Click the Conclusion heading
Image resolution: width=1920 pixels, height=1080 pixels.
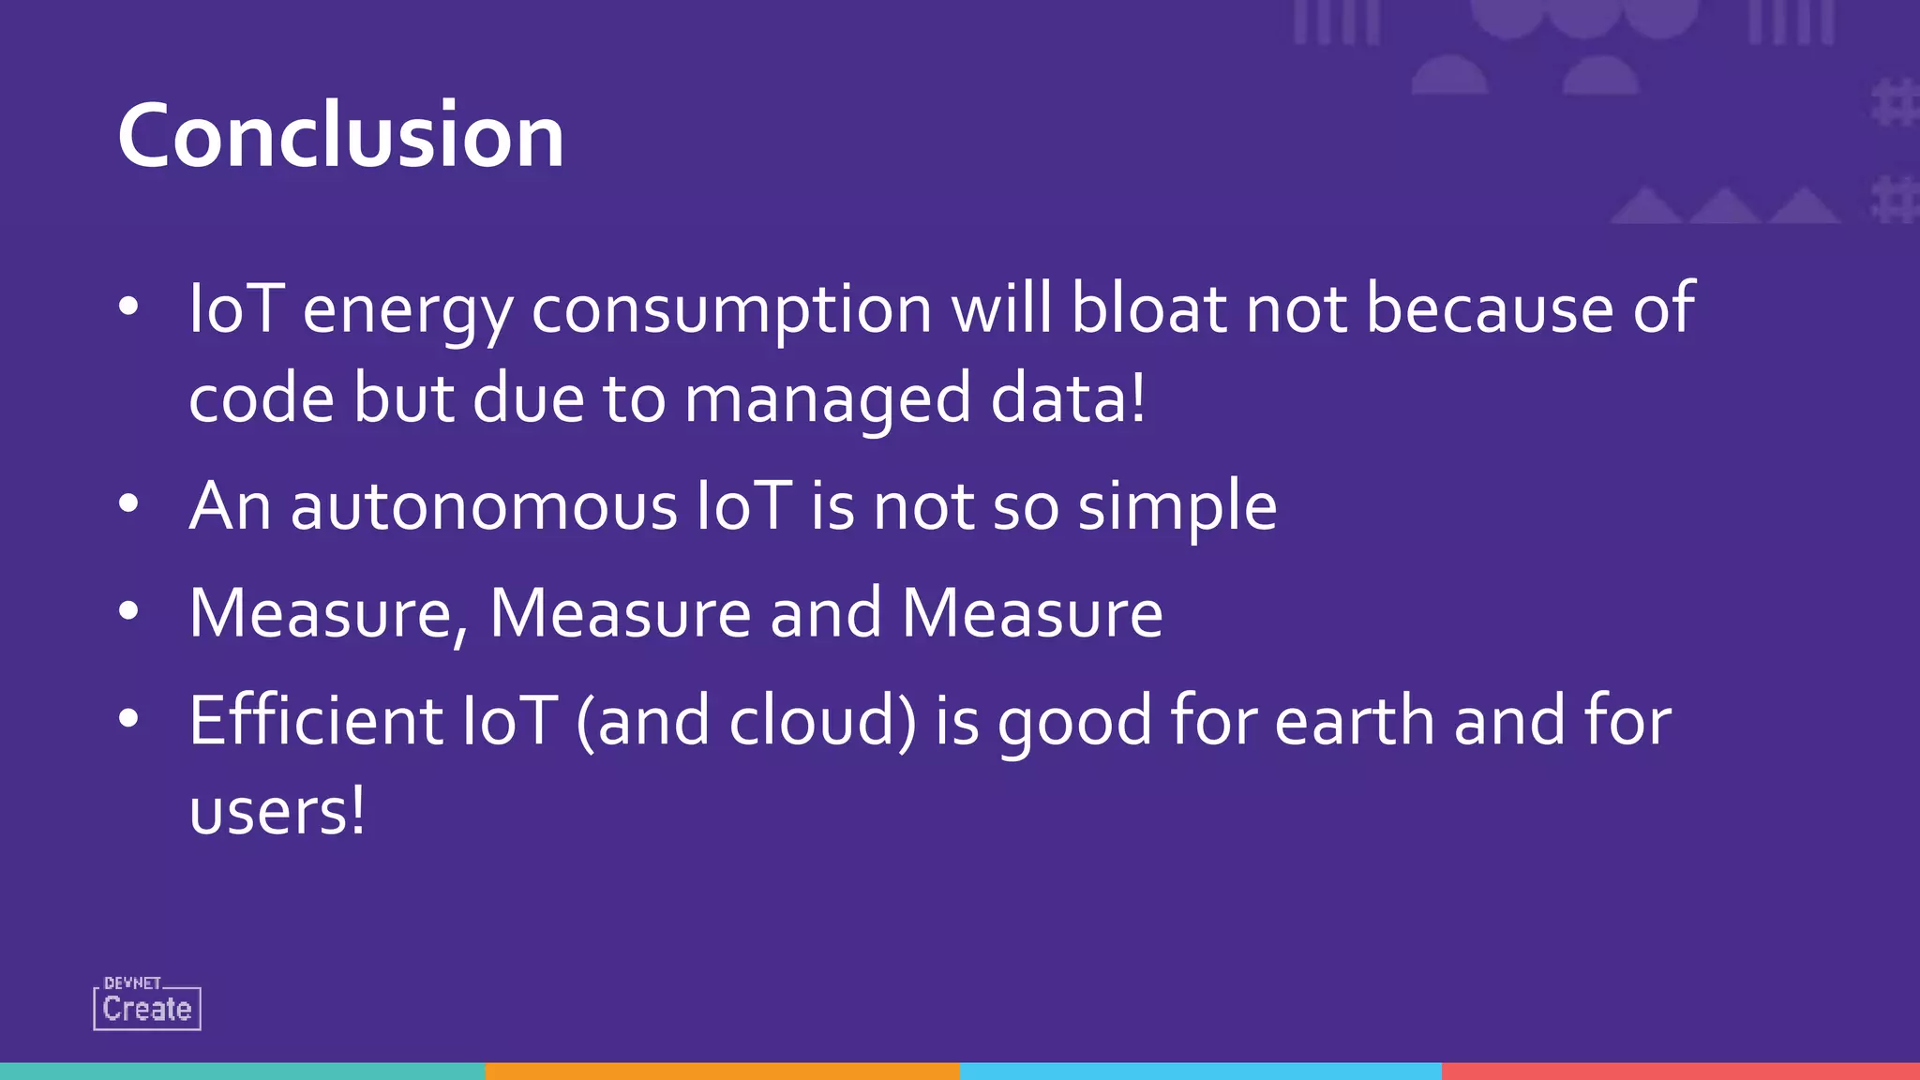pyautogui.click(x=340, y=136)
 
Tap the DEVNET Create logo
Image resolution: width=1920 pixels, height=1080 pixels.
pyautogui.click(x=147, y=1004)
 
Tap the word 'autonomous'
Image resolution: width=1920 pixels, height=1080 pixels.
pyautogui.click(x=484, y=506)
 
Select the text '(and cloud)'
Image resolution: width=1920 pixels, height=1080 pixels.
pyautogui.click(x=746, y=722)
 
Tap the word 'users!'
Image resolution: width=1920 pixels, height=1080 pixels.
pyautogui.click(x=277, y=811)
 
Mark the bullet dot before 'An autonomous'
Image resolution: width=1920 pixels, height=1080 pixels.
pyautogui.click(x=129, y=504)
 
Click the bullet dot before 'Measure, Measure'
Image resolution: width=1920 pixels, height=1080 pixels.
pyautogui.click(x=129, y=611)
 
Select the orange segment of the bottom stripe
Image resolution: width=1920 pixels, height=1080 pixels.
pyautogui.click(x=722, y=1071)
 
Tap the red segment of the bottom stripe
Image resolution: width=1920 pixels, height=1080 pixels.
pyautogui.click(x=1680, y=1071)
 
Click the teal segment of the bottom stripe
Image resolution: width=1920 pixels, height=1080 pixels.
pyautogui.click(x=242, y=1071)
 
